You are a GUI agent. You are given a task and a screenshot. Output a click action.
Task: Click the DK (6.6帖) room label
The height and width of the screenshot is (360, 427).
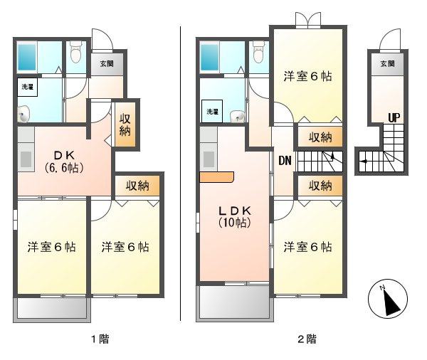coord(64,162)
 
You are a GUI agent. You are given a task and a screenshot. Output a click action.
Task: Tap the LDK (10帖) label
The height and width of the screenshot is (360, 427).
coord(235,216)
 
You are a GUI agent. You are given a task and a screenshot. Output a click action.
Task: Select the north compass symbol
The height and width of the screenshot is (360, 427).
coord(388,299)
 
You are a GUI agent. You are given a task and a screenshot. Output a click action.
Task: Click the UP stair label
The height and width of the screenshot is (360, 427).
coord(394,117)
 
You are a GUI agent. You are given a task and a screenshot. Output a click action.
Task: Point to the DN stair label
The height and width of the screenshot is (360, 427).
coord(285,161)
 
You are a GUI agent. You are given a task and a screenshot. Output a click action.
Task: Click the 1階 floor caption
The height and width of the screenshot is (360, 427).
coord(100,339)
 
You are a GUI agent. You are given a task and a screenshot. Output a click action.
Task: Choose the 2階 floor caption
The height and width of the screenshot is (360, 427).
coord(307,339)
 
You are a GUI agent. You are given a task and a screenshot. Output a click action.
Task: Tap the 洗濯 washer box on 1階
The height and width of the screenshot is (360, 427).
coord(28,87)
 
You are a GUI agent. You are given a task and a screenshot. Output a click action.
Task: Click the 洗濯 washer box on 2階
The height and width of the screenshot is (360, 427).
coord(212,111)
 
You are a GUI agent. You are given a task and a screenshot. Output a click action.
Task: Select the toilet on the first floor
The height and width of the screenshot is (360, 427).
coord(75,52)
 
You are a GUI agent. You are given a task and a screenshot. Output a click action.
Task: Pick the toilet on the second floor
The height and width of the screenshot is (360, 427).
coord(258,52)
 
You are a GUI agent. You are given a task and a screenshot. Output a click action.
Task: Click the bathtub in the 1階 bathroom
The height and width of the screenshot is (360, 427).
coord(27,57)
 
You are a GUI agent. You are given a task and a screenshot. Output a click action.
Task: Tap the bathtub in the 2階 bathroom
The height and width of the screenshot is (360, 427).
coord(210,57)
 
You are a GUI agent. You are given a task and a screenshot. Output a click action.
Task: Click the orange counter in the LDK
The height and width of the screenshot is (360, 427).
coord(216,177)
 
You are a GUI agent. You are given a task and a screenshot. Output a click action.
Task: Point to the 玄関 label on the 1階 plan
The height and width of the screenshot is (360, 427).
coord(107,64)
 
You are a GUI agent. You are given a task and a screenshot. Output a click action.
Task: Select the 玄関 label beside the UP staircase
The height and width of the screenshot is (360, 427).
coord(387,64)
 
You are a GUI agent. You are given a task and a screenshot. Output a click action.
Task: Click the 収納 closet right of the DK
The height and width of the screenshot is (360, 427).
coord(125,125)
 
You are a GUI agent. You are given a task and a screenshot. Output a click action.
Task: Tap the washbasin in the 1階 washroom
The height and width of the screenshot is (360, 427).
coord(24,115)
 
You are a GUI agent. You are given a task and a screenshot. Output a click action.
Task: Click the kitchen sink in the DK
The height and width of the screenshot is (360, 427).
coord(26,159)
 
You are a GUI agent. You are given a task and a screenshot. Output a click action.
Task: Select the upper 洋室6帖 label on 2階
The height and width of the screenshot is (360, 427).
coord(307,76)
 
